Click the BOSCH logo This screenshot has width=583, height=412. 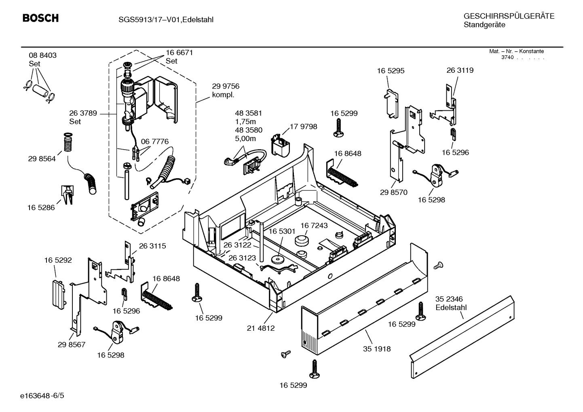[x=40, y=18]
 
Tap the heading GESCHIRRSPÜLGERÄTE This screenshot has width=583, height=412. [x=509, y=16]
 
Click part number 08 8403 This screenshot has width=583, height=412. [x=42, y=55]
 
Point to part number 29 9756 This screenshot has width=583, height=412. [x=226, y=86]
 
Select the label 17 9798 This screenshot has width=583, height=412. [x=303, y=127]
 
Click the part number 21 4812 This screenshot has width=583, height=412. [x=261, y=328]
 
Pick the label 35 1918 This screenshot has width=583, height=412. [x=377, y=349]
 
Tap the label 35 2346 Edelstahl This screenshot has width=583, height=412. [x=451, y=303]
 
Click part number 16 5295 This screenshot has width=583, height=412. [x=391, y=71]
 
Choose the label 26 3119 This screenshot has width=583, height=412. [x=460, y=70]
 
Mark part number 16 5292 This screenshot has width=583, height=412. [x=58, y=260]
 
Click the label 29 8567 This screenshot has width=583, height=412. [x=72, y=344]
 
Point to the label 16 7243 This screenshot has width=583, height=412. [x=314, y=225]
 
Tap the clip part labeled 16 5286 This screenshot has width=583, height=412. [x=67, y=194]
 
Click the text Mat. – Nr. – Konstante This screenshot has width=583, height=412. [x=516, y=51]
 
